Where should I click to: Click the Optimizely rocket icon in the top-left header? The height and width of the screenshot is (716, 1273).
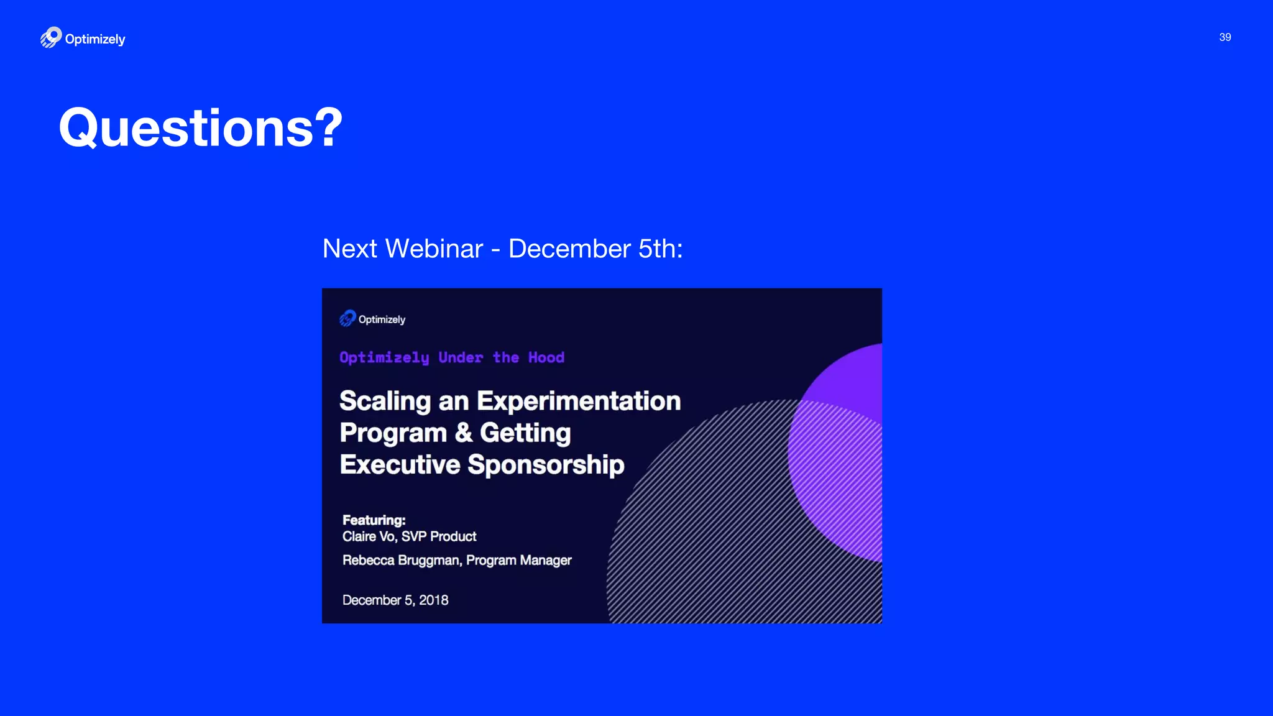click(x=51, y=37)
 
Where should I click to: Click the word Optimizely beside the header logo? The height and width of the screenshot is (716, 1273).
click(x=95, y=39)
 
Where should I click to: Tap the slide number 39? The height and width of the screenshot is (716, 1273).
click(x=1225, y=37)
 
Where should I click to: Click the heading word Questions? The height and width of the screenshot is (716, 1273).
click(x=200, y=128)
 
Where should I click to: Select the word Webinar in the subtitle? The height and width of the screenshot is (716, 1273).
click(x=434, y=249)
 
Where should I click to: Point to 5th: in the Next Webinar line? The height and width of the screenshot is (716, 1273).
click(x=660, y=249)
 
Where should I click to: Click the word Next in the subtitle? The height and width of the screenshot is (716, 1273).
click(x=350, y=249)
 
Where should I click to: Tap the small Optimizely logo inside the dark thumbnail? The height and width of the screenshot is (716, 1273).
click(x=347, y=319)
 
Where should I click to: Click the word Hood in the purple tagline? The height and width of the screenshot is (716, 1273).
click(x=546, y=357)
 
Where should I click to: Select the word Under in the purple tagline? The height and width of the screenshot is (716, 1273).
click(x=461, y=357)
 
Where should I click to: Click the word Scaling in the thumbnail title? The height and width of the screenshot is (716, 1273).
click(x=385, y=401)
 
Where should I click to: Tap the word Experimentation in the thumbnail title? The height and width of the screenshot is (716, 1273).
click(x=579, y=401)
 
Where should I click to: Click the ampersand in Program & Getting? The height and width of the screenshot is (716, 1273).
click(x=463, y=433)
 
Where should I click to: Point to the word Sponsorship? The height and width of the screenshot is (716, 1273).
click(x=546, y=465)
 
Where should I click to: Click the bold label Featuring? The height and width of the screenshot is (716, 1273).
click(x=374, y=520)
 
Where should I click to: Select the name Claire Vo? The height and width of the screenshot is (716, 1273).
click(x=369, y=536)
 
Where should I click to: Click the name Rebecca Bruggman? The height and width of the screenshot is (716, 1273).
click(x=401, y=561)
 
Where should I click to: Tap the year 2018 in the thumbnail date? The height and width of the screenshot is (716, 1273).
click(x=433, y=600)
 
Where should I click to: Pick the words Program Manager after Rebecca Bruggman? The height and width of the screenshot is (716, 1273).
click(x=518, y=561)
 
